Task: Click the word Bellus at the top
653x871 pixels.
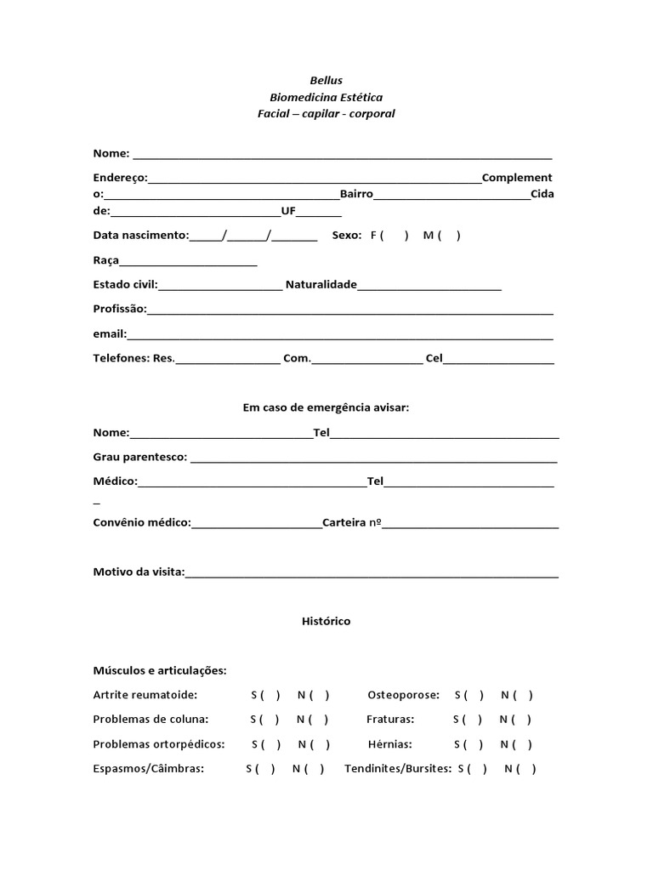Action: point(326,80)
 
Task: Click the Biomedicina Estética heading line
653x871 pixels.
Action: point(326,97)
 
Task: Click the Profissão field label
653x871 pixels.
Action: point(119,309)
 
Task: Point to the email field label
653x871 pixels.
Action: point(109,334)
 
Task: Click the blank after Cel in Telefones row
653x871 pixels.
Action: point(498,360)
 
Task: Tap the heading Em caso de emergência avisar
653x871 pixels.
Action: point(326,407)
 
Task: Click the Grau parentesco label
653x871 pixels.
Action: point(139,457)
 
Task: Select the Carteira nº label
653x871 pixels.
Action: point(350,522)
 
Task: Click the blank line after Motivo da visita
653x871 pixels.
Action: point(372,573)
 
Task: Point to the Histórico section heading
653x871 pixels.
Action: point(326,622)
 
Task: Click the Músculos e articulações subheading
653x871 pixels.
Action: point(160,671)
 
